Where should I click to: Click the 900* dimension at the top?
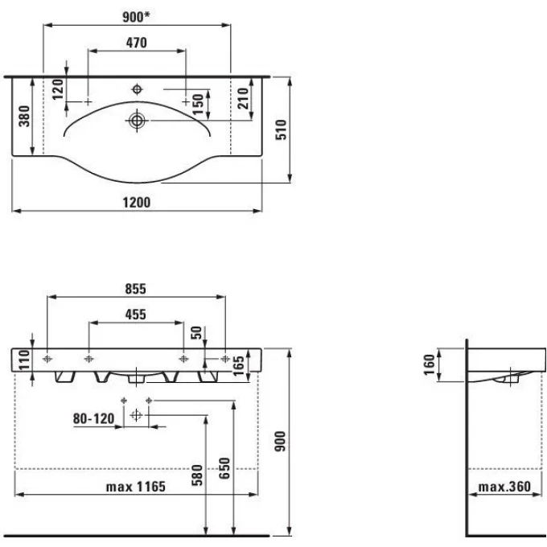click(137, 17)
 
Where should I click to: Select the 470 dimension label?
click(136, 43)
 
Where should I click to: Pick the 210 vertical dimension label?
click(242, 99)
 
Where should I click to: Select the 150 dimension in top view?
click(199, 102)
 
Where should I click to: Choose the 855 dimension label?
click(136, 289)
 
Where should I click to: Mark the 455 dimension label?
click(136, 315)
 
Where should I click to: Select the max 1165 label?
click(136, 487)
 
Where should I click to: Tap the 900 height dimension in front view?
click(281, 441)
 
